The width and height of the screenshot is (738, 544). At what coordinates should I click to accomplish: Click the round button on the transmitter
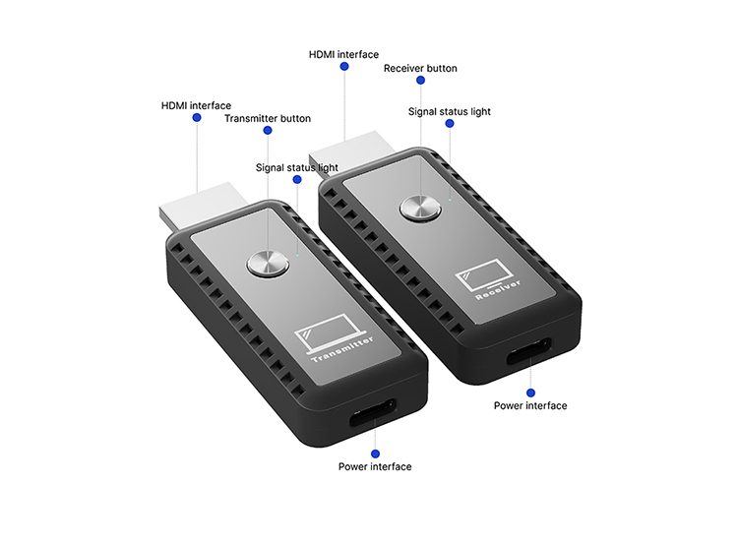point(268,264)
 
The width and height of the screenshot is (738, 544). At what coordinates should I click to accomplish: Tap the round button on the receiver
point(420,208)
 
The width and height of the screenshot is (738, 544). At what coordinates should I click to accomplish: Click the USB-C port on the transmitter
point(373,412)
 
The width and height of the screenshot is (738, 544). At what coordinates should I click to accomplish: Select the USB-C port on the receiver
point(529,351)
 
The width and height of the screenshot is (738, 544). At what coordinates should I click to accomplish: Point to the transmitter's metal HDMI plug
point(203,207)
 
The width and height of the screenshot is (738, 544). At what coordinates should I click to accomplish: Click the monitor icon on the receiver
point(485,275)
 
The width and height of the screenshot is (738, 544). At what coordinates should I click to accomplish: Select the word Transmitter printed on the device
point(342,349)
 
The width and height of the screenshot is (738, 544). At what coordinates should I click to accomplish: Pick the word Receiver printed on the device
point(498,289)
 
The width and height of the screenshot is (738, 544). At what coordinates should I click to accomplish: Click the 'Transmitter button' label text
point(268,119)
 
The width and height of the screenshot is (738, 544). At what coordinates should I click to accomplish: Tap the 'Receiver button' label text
point(420,68)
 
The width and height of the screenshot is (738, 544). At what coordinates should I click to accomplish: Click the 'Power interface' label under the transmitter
point(375,467)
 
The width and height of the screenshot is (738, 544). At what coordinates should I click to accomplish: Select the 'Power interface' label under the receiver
point(530,405)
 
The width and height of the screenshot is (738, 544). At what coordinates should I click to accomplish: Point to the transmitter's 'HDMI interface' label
point(196,105)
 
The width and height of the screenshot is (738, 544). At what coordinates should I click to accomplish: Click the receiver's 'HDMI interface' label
point(343,54)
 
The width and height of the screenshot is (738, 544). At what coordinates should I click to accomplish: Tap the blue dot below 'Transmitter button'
point(268,131)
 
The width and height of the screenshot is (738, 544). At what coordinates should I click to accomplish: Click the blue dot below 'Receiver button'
point(421,80)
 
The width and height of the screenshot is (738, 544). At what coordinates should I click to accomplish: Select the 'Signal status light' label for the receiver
point(450,111)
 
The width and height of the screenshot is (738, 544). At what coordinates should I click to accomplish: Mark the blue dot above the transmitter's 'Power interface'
point(375,453)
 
